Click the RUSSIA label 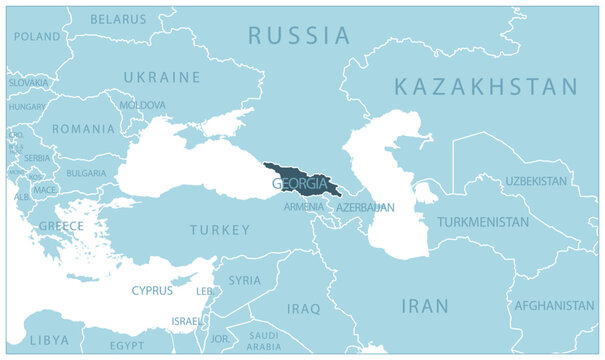tap(299, 37)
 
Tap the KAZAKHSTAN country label tap(486, 87)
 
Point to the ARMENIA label tap(303, 207)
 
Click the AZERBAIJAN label tap(365, 207)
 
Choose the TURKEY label tap(220, 230)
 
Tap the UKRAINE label tap(161, 77)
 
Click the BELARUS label tap(117, 19)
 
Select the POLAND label tap(37, 36)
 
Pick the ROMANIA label tap(84, 129)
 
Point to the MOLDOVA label tap(142, 104)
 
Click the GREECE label tap(61, 226)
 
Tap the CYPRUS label tap(151, 291)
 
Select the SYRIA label tap(244, 281)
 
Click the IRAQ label tap(303, 309)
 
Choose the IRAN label tap(424, 306)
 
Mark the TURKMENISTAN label tap(482, 221)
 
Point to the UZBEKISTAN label tap(535, 181)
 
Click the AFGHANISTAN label tap(554, 305)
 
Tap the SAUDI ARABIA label tap(264, 342)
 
